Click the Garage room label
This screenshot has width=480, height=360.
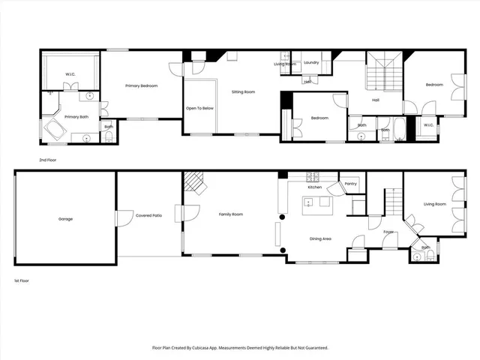[x=65, y=219]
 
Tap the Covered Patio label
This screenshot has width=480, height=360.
[x=148, y=215]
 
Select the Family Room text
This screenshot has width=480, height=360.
[x=230, y=214]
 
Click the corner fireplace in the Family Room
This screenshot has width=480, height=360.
[x=195, y=182]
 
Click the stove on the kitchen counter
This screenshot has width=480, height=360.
[x=313, y=178]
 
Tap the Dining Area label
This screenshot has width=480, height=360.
[x=321, y=238]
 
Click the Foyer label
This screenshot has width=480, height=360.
[x=388, y=232]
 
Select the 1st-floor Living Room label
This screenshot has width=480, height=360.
[x=435, y=204]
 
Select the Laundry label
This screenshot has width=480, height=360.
[x=311, y=62]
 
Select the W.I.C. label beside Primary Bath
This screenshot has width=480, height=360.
[x=70, y=74]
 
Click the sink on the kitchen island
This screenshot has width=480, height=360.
[x=307, y=202]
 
